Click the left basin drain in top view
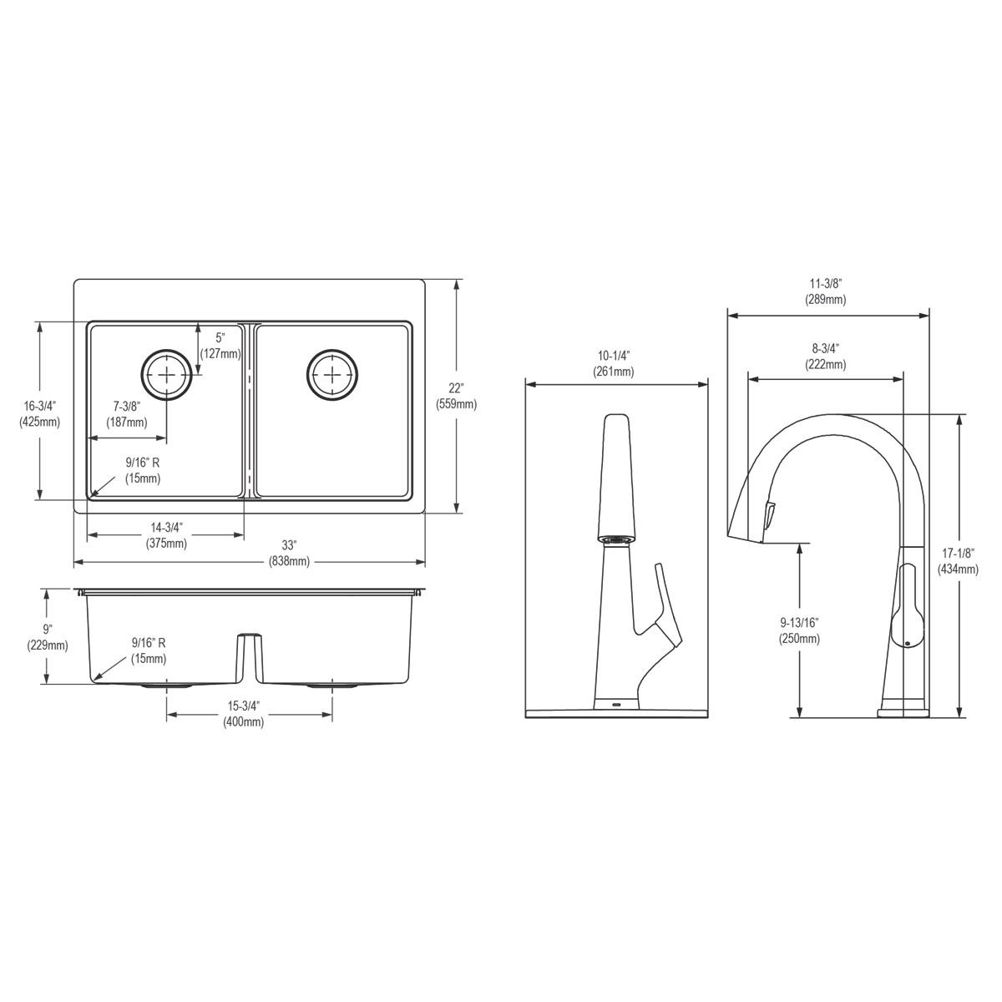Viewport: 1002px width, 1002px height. coord(166,375)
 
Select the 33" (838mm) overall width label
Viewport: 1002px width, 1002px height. coord(290,554)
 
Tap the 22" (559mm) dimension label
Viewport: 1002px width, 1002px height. coord(456,396)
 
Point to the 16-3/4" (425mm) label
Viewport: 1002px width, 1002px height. coord(39,413)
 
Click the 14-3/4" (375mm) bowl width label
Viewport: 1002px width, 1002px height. coord(166,535)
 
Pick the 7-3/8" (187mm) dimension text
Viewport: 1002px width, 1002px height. coord(126,414)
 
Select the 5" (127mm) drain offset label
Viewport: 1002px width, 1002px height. coord(220,346)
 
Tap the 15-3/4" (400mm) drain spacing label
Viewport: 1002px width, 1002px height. coord(243,714)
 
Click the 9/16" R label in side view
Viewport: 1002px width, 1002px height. coord(149,650)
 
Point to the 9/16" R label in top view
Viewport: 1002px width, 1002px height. coord(143,470)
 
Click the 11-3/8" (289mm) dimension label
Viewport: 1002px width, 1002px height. coord(825,291)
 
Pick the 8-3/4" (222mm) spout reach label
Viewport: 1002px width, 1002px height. coord(825,357)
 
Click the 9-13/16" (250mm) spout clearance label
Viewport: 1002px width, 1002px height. coord(800,630)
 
